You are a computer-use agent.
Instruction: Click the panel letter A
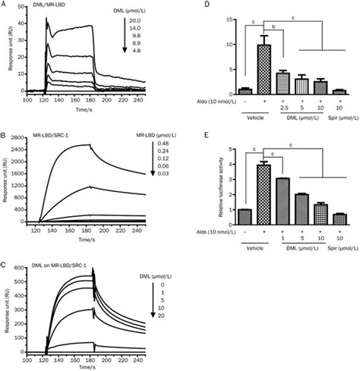coord(5,5)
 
